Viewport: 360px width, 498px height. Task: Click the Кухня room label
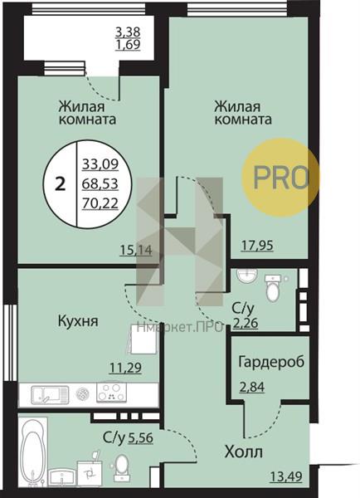pos(78,321)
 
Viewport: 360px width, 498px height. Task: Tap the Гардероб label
pos(271,362)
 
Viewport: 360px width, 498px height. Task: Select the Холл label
pos(244,452)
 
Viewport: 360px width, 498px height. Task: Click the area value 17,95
pos(257,246)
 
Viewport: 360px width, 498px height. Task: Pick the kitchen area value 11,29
pos(125,368)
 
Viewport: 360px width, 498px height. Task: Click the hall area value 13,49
pos(285,476)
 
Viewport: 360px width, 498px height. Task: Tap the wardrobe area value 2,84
pos(251,387)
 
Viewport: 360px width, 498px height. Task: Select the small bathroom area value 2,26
pos(246,324)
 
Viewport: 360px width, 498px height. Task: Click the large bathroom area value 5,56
pos(141,438)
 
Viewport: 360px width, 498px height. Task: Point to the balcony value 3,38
pos(128,32)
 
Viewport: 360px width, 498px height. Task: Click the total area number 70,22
pos(100,203)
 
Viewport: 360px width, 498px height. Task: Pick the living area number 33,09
pos(100,164)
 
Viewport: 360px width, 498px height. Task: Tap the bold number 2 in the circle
pos(61,184)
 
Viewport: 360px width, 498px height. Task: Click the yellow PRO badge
pos(280,178)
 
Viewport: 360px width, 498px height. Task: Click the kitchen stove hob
pos(111,392)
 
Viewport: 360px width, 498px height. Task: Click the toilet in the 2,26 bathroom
pos(273,288)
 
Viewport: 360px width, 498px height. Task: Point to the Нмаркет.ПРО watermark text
pos(180,327)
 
